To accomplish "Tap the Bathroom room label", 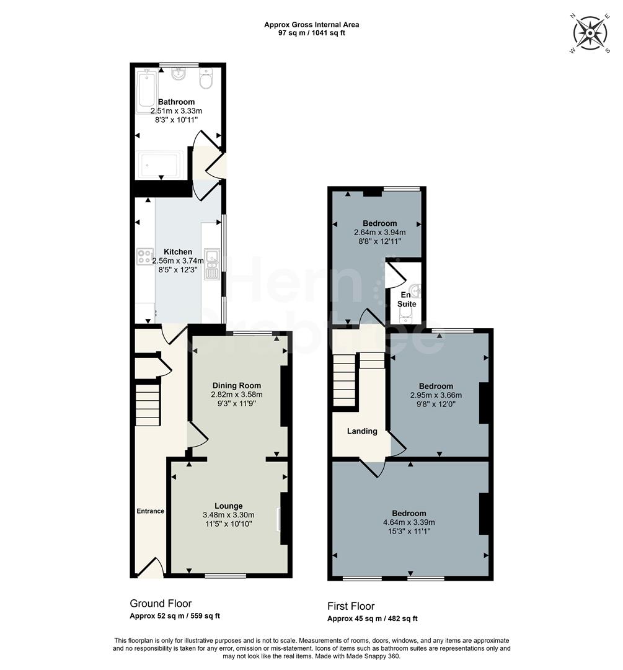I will (176, 102).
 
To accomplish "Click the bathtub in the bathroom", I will (148, 90).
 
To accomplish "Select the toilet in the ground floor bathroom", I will (206, 79).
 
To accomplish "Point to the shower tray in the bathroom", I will (159, 164).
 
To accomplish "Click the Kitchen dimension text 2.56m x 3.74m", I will (178, 261).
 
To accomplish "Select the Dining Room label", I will (237, 385).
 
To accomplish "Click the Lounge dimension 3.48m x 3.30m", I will (229, 515).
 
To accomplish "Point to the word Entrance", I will (150, 511).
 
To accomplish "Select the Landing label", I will (362, 431).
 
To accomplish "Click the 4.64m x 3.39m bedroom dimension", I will (409, 522).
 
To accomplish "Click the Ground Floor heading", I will (161, 604).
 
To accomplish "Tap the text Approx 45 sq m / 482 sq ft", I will (373, 619).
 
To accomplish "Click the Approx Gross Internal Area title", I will (311, 25).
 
